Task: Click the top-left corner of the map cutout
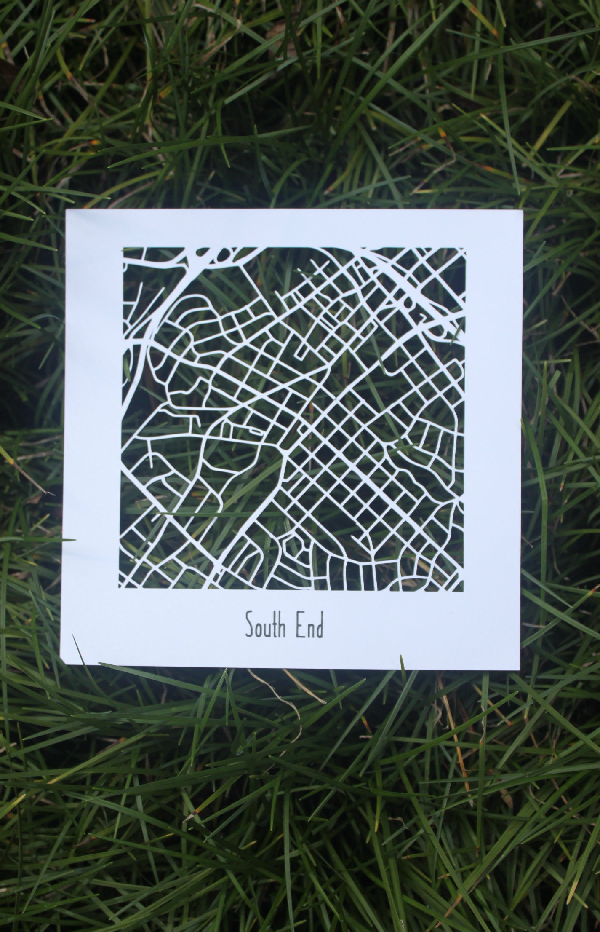pos(123,248)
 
